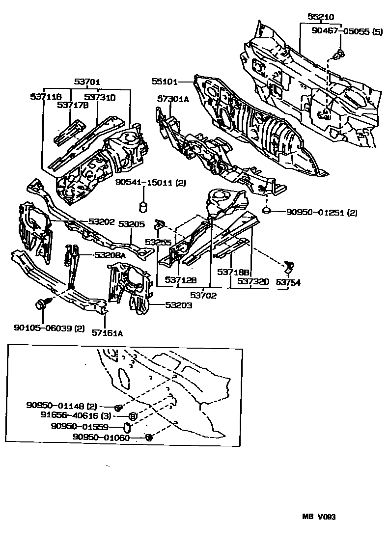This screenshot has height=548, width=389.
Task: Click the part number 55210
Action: tap(321, 17)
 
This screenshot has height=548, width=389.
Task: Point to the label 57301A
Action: tap(173, 99)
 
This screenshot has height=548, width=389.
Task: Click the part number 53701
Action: tap(87, 82)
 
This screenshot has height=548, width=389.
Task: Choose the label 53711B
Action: tap(46, 97)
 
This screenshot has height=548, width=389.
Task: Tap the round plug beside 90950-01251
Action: tap(266, 211)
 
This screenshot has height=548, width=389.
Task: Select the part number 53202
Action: tap(102, 221)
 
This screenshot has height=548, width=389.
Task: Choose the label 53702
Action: tap(204, 296)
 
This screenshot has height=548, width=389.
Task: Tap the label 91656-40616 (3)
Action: tap(70, 416)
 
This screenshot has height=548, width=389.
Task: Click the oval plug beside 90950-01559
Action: tap(126, 427)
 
